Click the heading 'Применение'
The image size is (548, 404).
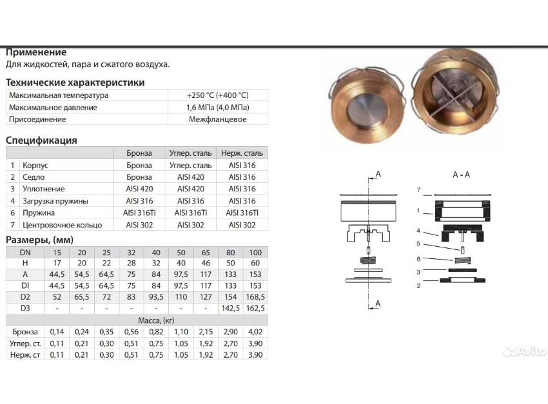[36, 52]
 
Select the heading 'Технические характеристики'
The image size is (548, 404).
[75, 82]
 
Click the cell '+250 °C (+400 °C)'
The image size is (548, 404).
[217, 95]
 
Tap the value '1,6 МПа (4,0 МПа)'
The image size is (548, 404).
[217, 108]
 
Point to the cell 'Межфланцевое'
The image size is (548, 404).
[217, 119]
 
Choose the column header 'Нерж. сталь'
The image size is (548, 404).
[242, 153]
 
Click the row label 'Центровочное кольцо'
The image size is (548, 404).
[62, 225]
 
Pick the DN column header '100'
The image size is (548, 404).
[255, 252]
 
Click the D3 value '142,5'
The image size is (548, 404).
[230, 308]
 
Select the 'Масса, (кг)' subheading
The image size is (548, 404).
[156, 320]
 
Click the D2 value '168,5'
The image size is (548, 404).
[255, 296]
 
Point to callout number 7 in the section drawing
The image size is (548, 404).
[418, 190]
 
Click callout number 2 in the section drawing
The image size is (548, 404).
[418, 285]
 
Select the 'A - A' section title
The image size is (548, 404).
[461, 175]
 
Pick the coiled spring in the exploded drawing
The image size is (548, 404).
[367, 261]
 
